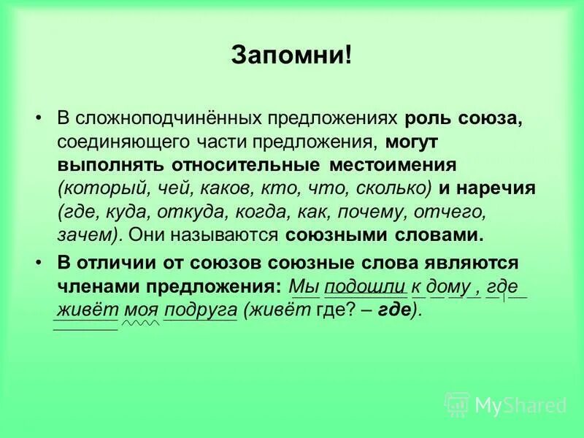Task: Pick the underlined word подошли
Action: (355, 285)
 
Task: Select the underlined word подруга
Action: (200, 309)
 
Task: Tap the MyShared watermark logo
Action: (506, 404)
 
